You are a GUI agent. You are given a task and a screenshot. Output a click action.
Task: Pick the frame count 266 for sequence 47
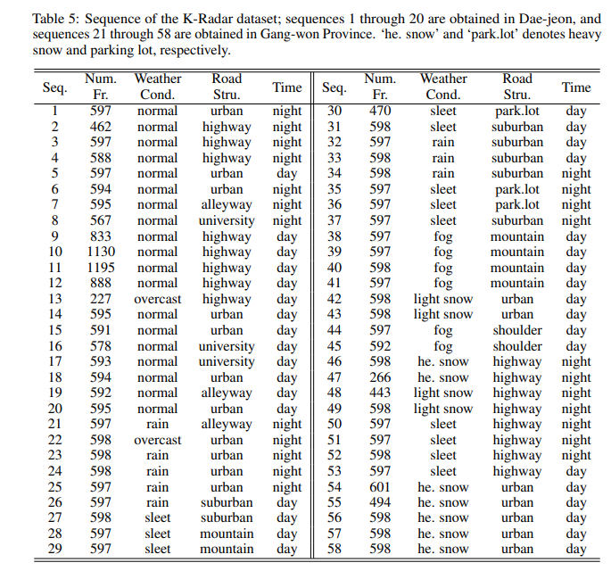coord(380,377)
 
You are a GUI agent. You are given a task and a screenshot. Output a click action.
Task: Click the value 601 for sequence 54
coord(380,487)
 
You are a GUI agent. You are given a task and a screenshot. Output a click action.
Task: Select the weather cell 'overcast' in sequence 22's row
coord(158,440)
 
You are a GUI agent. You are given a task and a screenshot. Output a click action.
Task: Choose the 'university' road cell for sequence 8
coord(227,220)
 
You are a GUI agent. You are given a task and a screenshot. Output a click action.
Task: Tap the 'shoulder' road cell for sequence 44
coord(517,330)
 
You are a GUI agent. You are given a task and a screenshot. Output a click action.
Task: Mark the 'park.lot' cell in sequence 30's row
coord(517,111)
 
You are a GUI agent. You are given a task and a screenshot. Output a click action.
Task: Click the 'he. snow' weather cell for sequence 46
coord(443,361)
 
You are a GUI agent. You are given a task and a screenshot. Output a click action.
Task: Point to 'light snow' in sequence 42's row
coord(443,299)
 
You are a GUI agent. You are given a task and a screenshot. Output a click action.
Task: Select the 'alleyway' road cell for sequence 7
coord(227,204)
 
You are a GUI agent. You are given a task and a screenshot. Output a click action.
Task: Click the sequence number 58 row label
coord(334,550)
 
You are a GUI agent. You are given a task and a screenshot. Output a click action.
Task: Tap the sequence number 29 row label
coord(54,550)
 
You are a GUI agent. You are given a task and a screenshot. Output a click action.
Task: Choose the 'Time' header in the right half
coord(576,87)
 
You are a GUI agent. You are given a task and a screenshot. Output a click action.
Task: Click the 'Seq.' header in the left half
coord(54,87)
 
